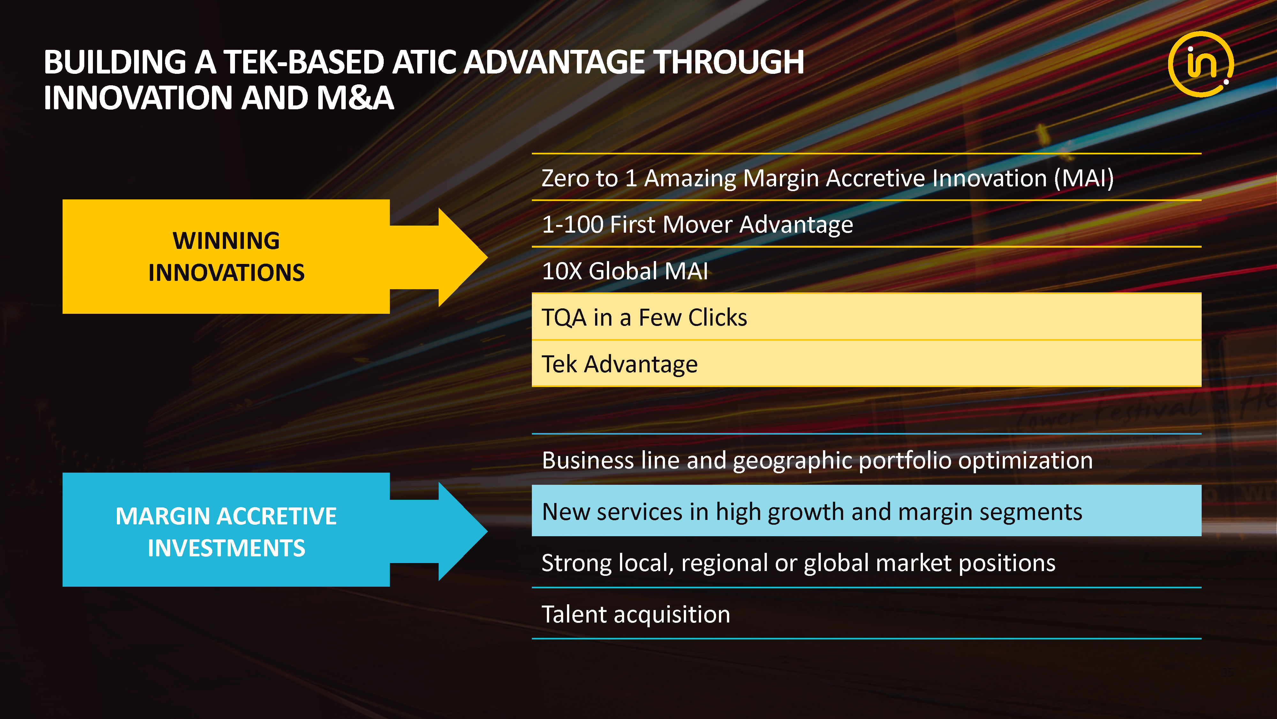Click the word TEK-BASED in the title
click(304, 63)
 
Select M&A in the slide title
click(355, 98)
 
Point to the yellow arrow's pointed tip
click(487, 257)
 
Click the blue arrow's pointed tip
click(487, 530)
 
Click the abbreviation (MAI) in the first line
click(1084, 178)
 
